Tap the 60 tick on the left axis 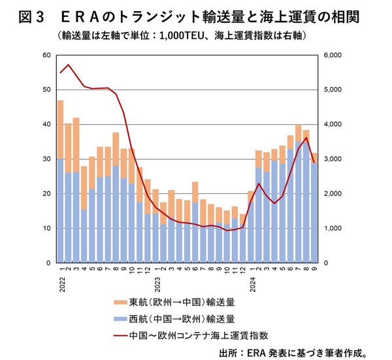(46, 55)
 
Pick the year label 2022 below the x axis (60, 283)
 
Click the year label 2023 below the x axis (157, 283)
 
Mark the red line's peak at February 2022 (68, 65)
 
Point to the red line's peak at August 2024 (306, 137)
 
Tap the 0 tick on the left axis (48, 263)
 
